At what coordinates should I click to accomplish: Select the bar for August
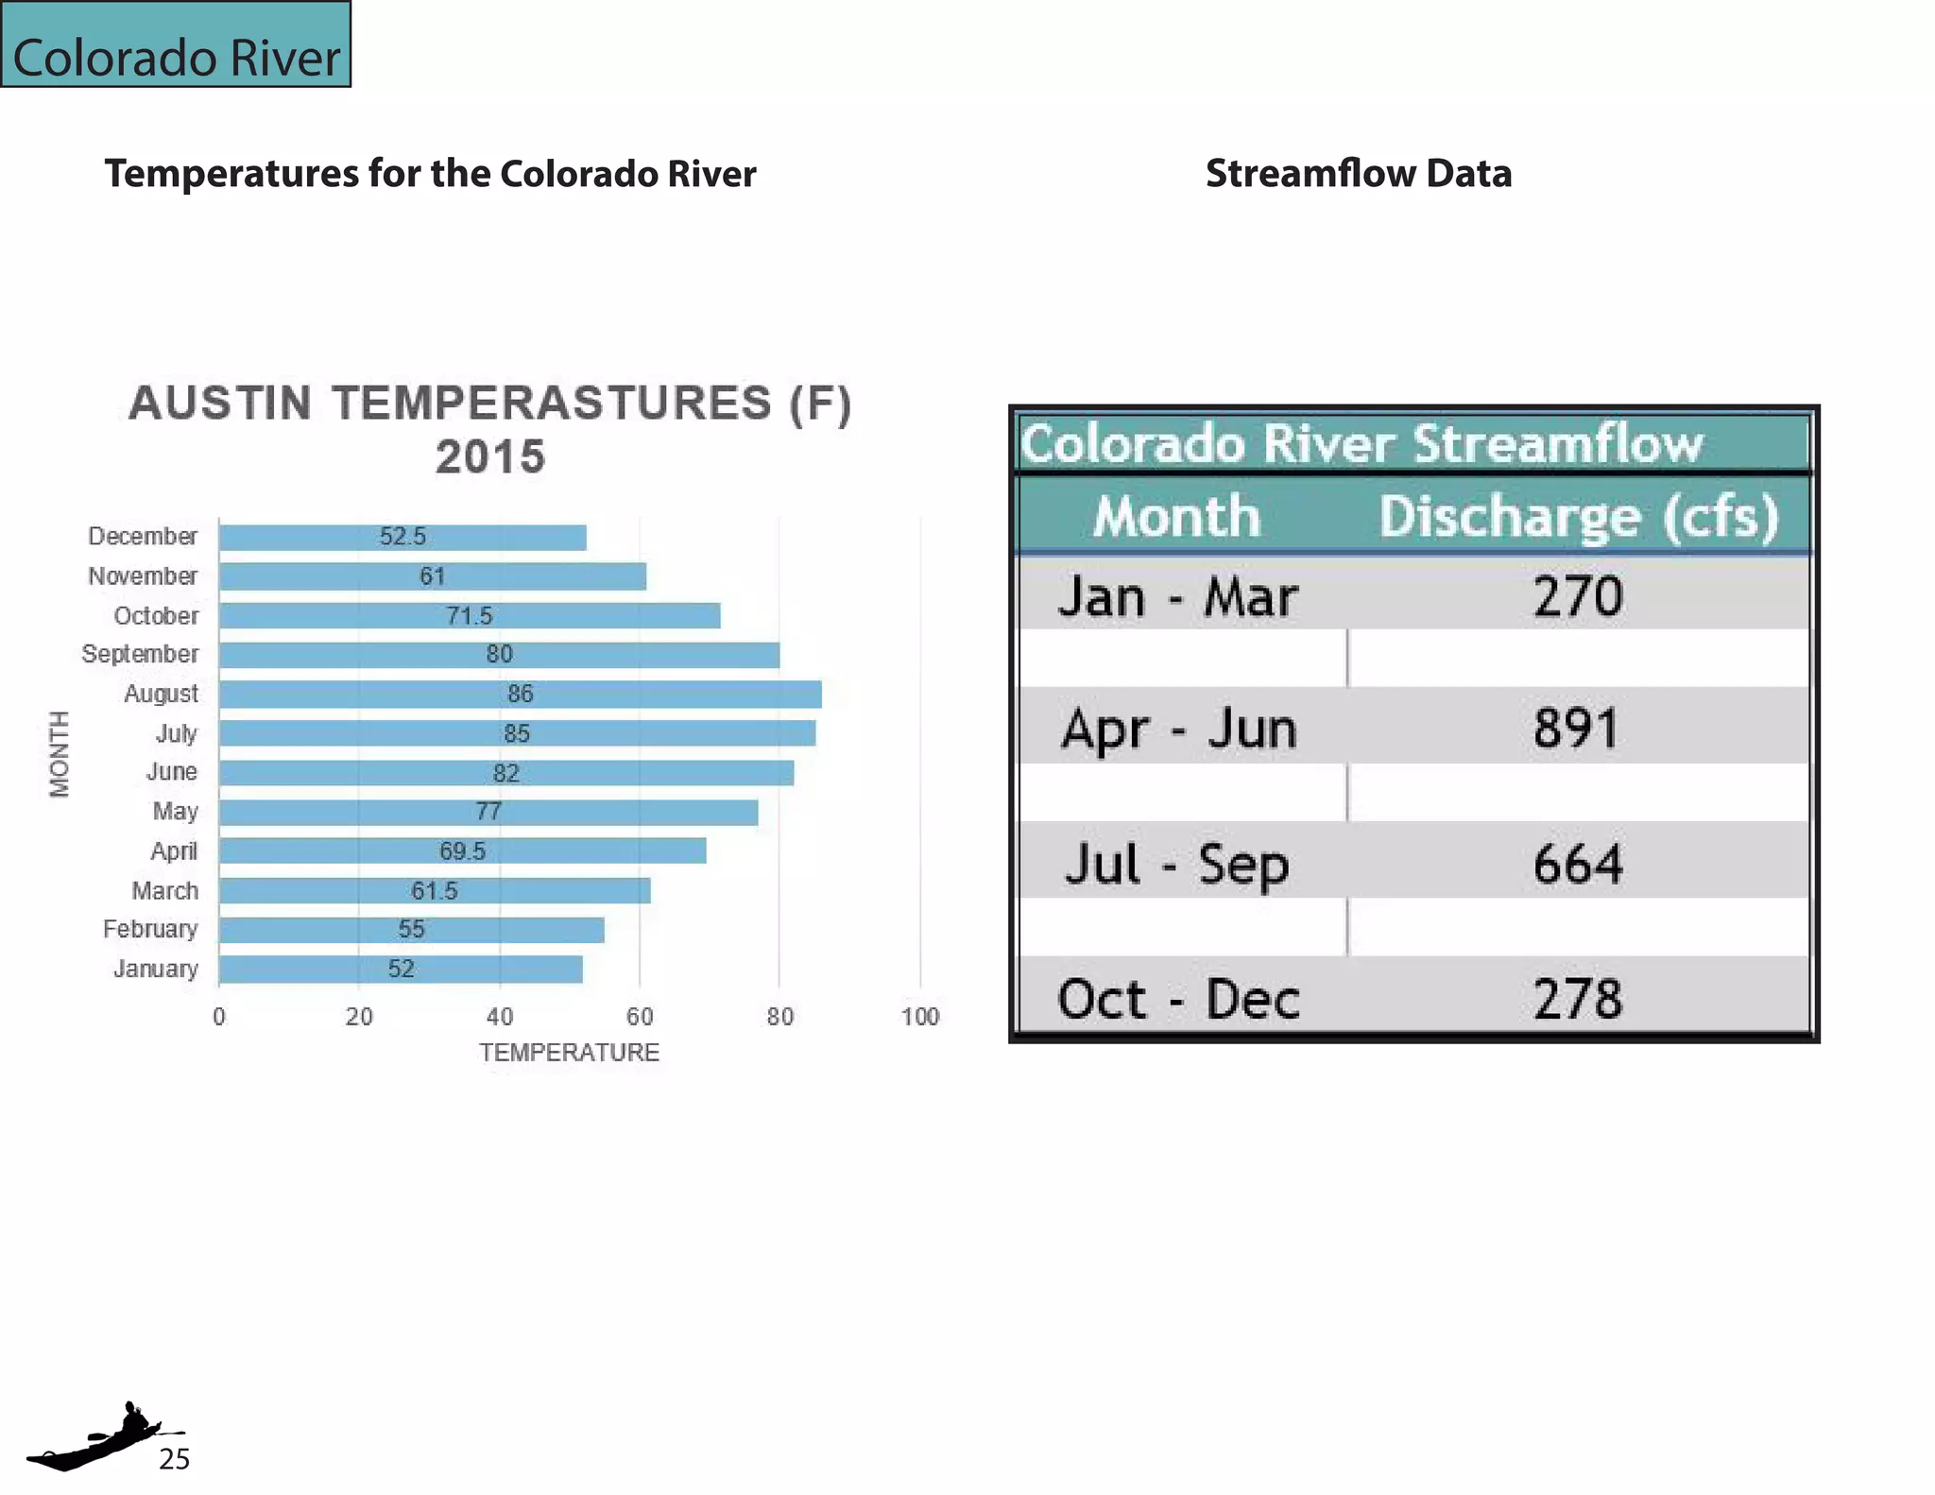click(520, 695)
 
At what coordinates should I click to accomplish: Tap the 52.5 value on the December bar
click(402, 537)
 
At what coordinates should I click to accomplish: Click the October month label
click(157, 616)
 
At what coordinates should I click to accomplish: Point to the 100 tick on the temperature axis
click(919, 1017)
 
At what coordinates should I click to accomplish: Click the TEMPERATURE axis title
click(569, 1053)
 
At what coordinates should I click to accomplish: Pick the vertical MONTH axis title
click(60, 754)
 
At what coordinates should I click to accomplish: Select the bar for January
click(401, 970)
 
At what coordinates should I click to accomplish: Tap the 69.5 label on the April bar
click(462, 851)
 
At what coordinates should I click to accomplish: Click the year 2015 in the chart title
click(490, 457)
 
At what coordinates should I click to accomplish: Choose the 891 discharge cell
click(1576, 729)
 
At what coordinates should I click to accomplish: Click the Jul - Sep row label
click(1177, 864)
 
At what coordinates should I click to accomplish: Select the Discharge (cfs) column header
click(1578, 517)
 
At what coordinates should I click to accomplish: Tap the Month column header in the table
click(1177, 517)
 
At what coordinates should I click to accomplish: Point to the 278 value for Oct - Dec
click(1578, 999)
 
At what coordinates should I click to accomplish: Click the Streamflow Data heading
click(1359, 174)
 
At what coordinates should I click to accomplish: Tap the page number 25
click(174, 1459)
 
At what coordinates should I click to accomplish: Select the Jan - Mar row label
click(1177, 597)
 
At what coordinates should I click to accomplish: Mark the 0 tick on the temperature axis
click(219, 1017)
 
